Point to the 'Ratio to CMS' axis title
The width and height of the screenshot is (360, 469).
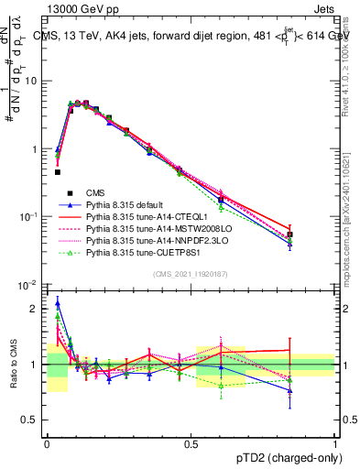[x=13, y=365]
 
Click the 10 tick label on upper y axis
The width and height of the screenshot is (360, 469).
[x=34, y=81]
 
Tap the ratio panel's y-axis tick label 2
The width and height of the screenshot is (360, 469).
[x=37, y=309]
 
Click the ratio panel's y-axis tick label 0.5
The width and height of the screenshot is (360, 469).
[x=32, y=420]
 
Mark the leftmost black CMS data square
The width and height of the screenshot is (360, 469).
[x=58, y=171]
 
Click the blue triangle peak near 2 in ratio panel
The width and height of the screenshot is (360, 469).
[x=58, y=303]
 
